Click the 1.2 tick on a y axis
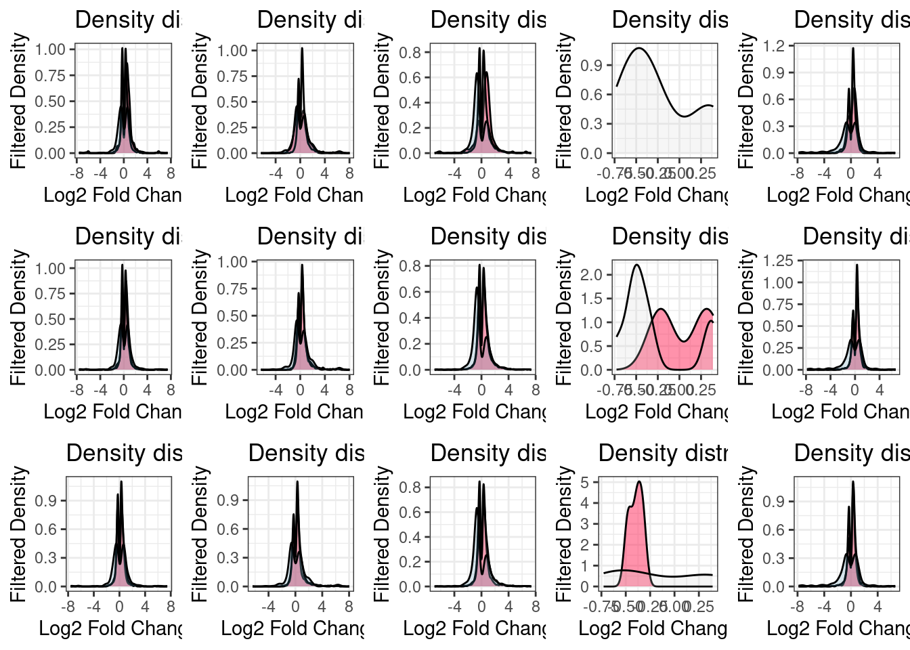point(775,46)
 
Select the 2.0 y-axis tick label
point(592,275)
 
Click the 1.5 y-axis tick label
point(592,299)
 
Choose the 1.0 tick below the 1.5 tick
point(592,323)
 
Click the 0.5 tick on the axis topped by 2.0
point(592,347)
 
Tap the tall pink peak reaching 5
point(639,482)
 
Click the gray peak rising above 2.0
point(636,265)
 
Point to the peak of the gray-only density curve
point(638,49)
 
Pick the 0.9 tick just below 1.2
point(775,73)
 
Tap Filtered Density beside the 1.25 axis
point(745,317)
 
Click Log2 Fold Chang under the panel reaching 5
point(653,628)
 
